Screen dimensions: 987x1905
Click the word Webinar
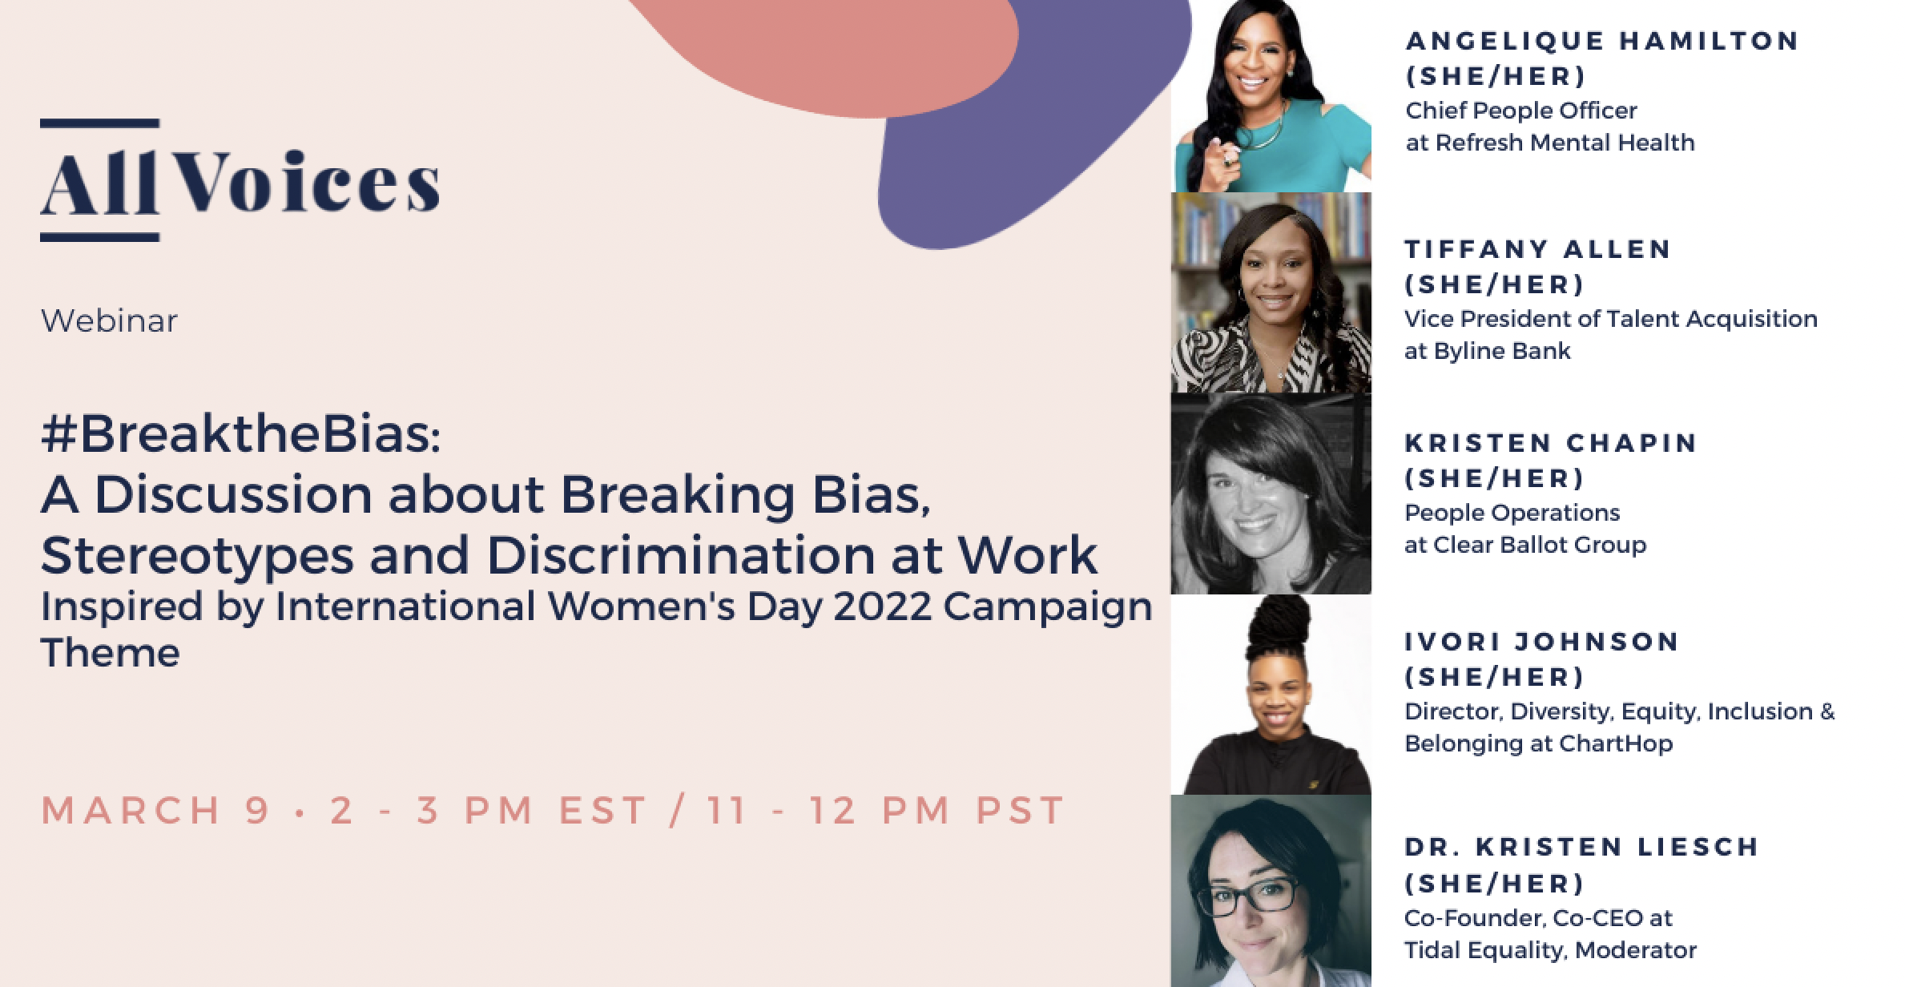pyautogui.click(x=109, y=321)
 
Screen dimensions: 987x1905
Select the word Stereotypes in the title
pyautogui.click(x=196, y=554)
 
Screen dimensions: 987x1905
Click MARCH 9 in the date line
pyautogui.click(x=156, y=810)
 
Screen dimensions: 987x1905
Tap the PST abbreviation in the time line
pyautogui.click(x=1019, y=810)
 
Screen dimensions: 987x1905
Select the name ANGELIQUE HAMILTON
pyautogui.click(x=1602, y=41)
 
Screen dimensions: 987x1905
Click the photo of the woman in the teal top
pyautogui.click(x=1271, y=96)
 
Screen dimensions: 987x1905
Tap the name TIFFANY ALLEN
pyautogui.click(x=1537, y=249)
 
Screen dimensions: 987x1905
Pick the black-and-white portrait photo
pyautogui.click(x=1271, y=494)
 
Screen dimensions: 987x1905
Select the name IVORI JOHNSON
pyautogui.click(x=1541, y=642)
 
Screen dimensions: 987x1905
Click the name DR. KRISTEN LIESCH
pyautogui.click(x=1581, y=847)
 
